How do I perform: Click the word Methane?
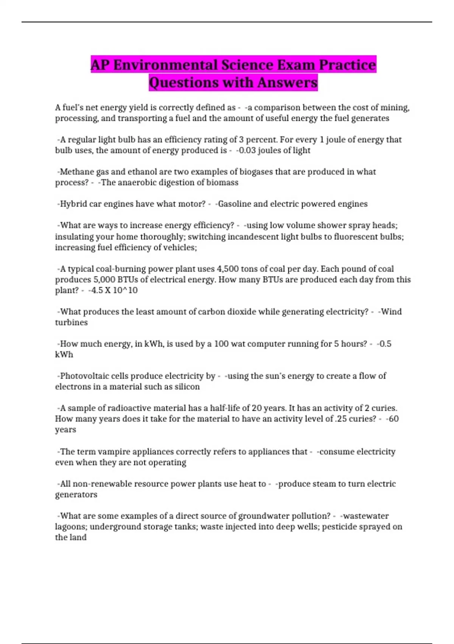tap(78, 172)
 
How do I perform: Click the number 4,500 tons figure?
tap(227, 269)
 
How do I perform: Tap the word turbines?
tap(72, 322)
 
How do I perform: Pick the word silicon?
tap(187, 387)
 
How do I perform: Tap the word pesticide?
tap(339, 527)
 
